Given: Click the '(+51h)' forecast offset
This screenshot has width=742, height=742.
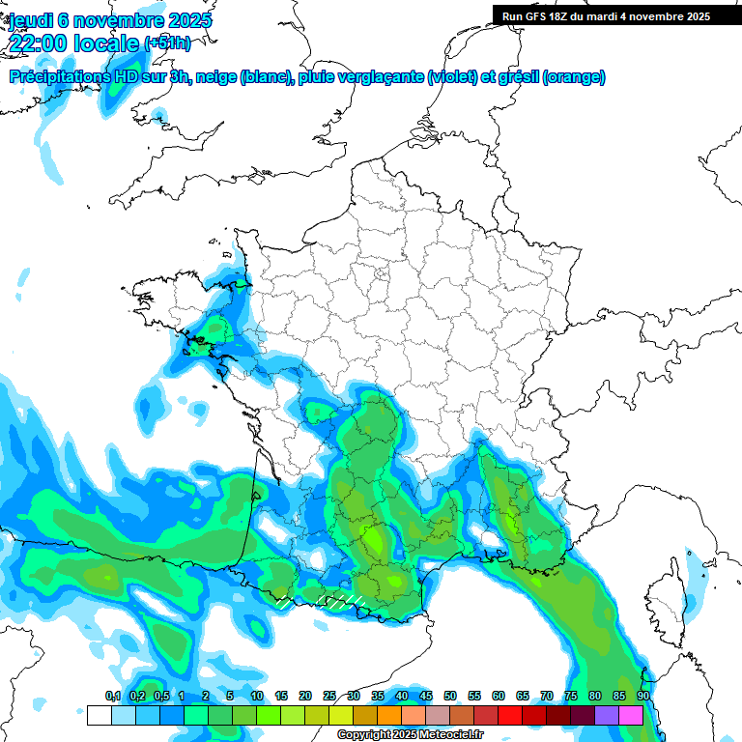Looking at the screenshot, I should (x=167, y=43).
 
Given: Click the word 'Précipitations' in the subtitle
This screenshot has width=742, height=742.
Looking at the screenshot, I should (x=59, y=77).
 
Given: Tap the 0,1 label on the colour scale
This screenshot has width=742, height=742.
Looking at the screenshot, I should (x=113, y=697).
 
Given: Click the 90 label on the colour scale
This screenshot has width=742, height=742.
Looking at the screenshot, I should (x=642, y=697).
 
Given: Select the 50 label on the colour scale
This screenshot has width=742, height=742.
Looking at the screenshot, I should (x=450, y=697).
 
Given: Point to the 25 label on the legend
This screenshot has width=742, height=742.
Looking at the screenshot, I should (x=329, y=697).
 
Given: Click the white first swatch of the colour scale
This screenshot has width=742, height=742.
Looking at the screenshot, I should (x=99, y=715).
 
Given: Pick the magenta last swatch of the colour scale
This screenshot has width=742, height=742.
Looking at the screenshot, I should (x=631, y=715).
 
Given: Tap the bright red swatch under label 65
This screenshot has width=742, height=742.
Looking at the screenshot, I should (x=510, y=715).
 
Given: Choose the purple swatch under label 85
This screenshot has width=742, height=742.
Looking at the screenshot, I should (x=607, y=715).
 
